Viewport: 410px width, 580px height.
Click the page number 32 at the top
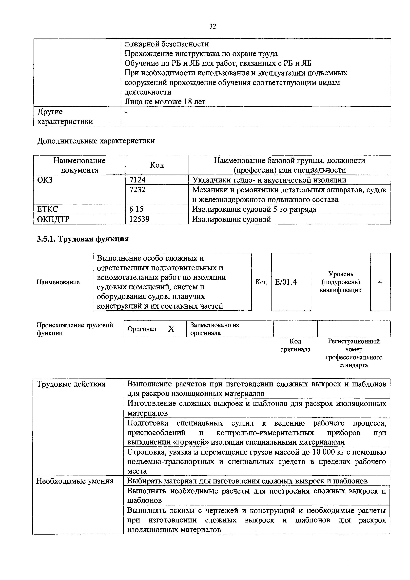coord(213,26)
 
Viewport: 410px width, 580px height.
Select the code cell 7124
coord(137,180)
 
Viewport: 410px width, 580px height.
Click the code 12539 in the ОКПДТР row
coord(139,219)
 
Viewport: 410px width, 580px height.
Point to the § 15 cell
coord(136,209)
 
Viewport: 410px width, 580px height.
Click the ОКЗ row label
coord(45,180)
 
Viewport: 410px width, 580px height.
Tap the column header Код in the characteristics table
coord(157,165)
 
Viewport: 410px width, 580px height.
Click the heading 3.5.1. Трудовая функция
coord(83,239)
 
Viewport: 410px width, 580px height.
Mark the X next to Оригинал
coord(171,329)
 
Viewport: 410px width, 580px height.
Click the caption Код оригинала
coord(295,345)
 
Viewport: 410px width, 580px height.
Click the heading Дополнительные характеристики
coord(96,141)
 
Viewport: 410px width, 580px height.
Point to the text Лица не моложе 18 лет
coord(165,101)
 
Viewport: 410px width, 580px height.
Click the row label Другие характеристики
coord(65,117)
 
